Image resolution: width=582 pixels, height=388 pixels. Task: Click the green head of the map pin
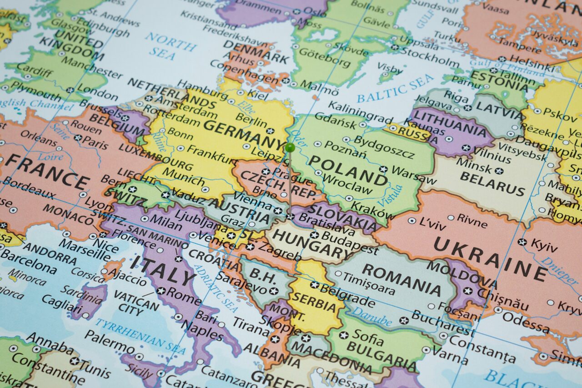[x=290, y=147]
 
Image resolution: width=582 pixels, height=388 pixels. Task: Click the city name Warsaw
[x=408, y=174]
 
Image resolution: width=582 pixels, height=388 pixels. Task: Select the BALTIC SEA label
[x=395, y=87]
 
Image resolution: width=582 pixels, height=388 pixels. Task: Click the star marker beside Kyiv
[x=522, y=242]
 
